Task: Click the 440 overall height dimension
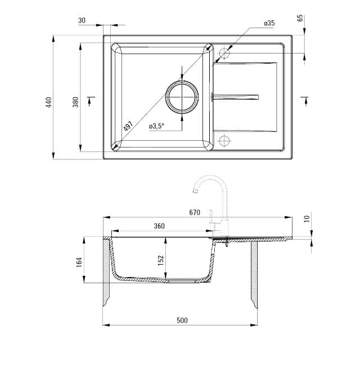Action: [49, 102]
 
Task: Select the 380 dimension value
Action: [75, 102]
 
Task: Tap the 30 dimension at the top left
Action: [82, 20]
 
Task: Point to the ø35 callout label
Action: [269, 23]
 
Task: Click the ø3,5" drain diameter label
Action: [156, 127]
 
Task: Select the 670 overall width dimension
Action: [195, 212]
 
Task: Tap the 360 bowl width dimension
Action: [159, 226]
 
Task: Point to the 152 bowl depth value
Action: [161, 260]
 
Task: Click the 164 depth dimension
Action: [79, 262]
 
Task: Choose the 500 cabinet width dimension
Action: [182, 320]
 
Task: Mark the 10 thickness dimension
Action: [307, 218]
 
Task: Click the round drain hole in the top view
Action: [181, 97]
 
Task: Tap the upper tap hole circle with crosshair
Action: [224, 53]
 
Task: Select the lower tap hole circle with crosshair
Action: [224, 140]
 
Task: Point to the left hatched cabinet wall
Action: [106, 270]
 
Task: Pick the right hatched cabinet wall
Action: [254, 270]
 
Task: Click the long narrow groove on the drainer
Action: [235, 97]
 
